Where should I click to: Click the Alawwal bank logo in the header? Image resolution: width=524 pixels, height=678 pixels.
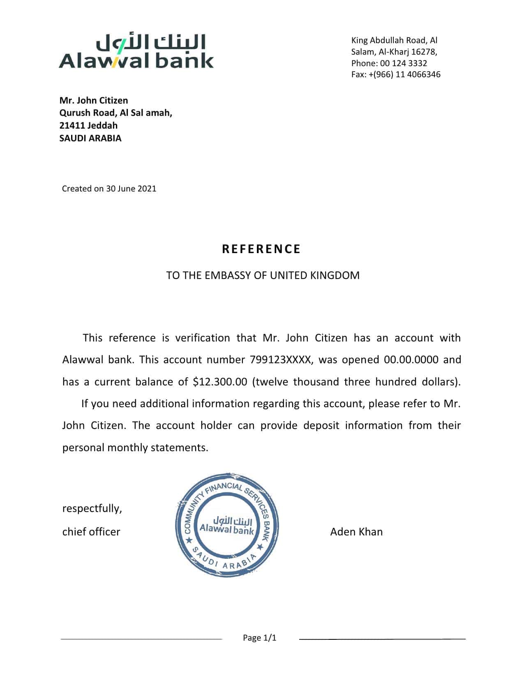pos(136,51)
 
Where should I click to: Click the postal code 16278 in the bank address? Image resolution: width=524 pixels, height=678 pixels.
pos(423,52)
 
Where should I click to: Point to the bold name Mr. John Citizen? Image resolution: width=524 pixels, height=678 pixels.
pos(94,101)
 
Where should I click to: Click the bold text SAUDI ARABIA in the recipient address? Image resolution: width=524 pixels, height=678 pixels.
pos(90,138)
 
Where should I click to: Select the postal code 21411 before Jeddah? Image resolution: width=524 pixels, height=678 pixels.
pos(72,125)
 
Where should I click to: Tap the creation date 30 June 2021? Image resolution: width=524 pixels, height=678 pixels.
pos(131,189)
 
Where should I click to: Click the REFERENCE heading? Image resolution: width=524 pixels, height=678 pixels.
pos(261,249)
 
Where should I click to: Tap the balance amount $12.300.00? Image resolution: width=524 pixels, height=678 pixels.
pos(220,382)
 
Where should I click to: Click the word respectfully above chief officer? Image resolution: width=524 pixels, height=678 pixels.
pos(92,509)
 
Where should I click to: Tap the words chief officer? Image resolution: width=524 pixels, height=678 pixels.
pos(91,532)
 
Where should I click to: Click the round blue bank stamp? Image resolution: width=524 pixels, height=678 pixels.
pos(227,526)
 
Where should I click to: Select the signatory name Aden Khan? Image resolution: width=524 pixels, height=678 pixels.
pos(356,532)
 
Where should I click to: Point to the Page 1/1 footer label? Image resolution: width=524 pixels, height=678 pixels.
pos(260,638)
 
